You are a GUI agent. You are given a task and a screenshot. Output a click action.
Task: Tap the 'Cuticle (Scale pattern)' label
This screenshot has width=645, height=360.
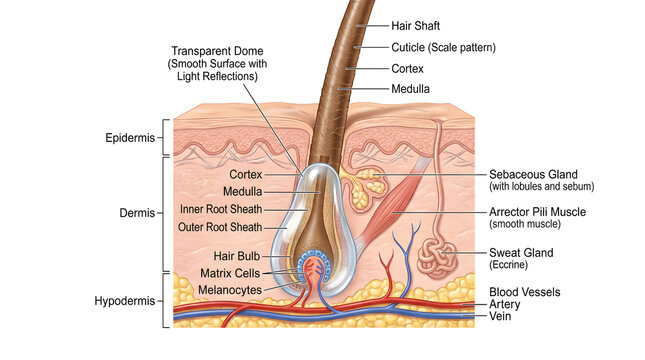click(441, 47)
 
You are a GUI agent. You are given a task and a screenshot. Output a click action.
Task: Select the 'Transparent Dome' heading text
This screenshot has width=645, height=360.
click(214, 51)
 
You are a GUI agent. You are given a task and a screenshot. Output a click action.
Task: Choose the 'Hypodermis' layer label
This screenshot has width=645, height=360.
click(125, 300)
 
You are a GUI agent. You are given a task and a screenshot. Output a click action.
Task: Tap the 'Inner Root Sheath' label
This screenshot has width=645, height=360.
click(221, 209)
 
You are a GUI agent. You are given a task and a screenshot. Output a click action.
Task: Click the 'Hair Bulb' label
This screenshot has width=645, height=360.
click(236, 256)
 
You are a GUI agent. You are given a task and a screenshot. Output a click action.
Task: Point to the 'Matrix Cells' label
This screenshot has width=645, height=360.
click(230, 272)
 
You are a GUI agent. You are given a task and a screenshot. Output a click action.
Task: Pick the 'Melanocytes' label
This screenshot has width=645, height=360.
click(230, 289)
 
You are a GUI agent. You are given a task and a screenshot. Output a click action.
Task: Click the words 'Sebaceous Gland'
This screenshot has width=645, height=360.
click(534, 173)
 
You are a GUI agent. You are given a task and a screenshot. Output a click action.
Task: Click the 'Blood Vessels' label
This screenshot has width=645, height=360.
click(525, 291)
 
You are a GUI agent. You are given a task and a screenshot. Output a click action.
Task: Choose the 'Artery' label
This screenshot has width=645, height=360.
click(504, 303)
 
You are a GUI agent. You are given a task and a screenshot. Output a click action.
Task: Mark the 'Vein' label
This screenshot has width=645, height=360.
click(500, 315)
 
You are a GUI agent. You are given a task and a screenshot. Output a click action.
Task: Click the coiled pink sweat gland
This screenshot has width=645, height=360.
click(436, 257)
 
